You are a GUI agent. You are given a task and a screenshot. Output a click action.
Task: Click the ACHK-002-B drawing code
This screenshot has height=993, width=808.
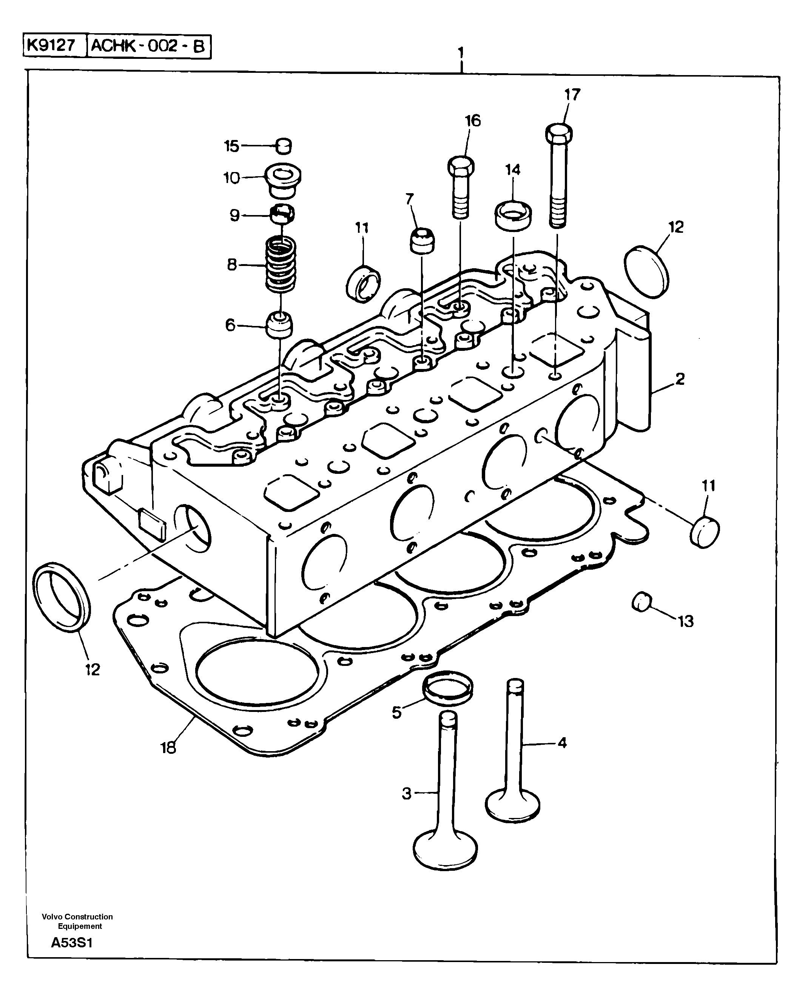point(148,46)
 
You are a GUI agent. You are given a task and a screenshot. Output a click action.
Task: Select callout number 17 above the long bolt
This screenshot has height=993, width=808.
point(572,95)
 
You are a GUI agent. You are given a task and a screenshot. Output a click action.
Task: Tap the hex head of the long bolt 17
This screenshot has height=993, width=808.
point(558,134)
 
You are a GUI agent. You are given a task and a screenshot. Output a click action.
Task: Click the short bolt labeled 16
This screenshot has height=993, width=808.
point(461,186)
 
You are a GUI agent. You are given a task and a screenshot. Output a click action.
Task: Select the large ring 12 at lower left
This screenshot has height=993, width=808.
point(62,597)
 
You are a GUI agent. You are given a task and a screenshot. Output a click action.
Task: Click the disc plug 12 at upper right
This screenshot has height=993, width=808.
point(646,272)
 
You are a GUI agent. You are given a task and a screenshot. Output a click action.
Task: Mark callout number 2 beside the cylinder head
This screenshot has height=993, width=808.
point(680,379)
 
